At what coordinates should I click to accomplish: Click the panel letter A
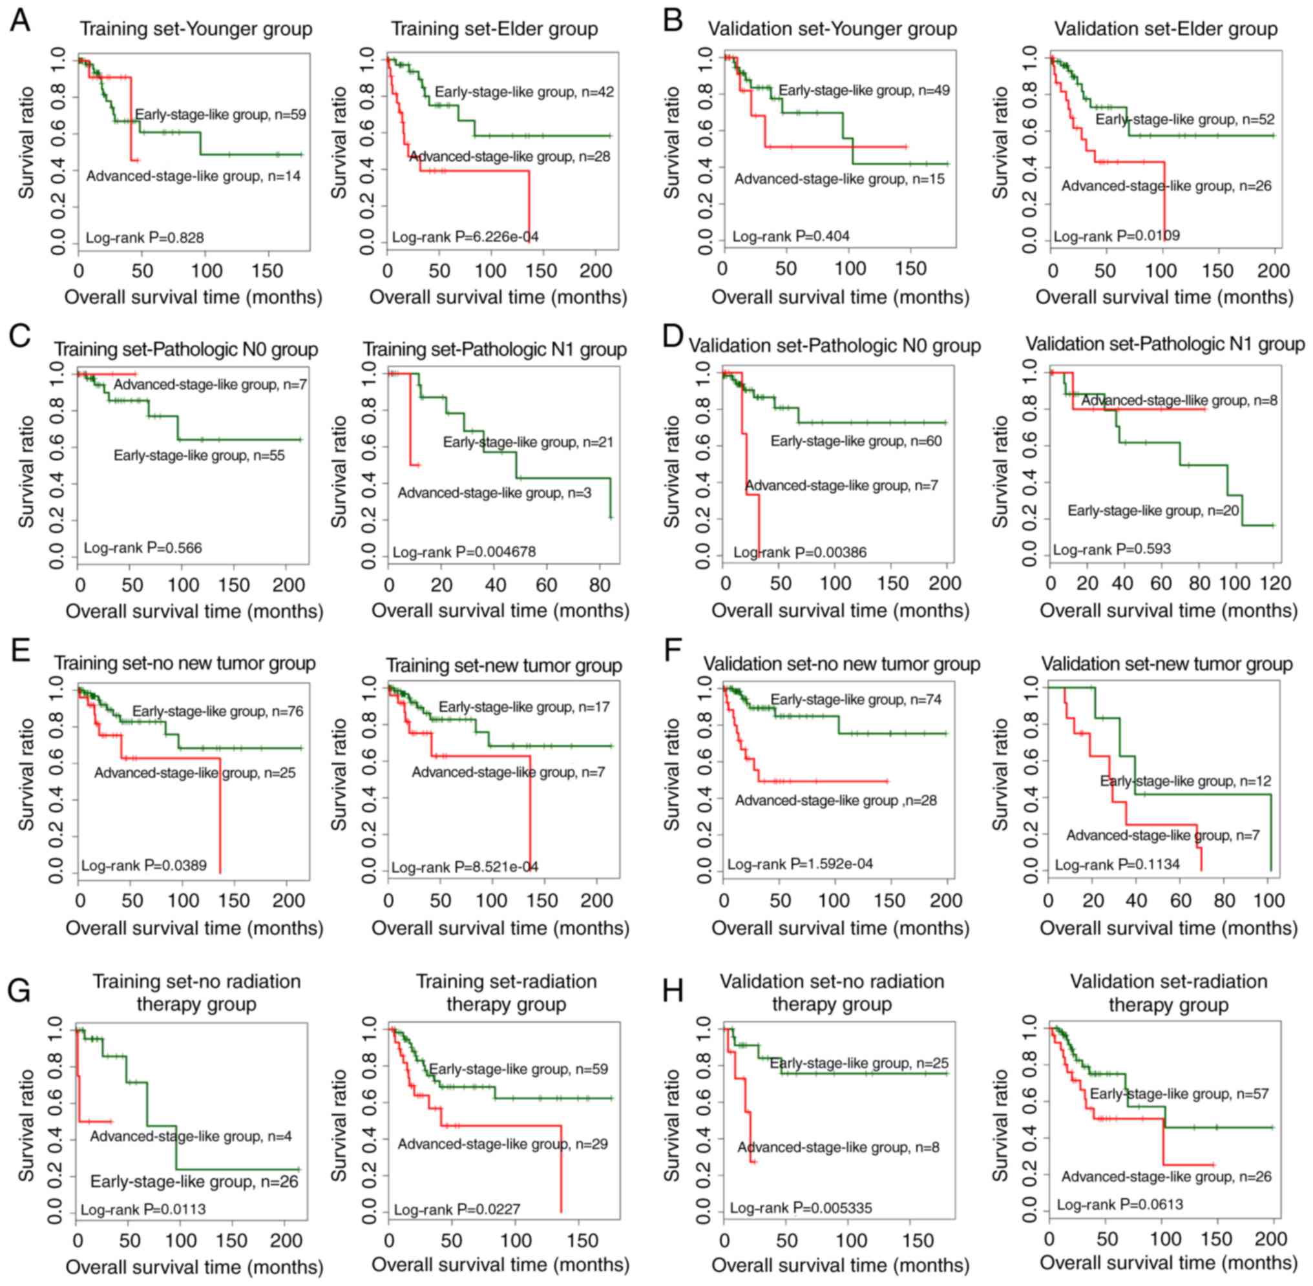point(20,19)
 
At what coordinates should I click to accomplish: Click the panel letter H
point(673,991)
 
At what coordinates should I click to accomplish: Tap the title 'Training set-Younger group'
point(196,29)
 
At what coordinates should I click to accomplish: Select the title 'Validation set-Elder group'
point(1166,29)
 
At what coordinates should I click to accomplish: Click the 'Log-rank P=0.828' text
point(145,238)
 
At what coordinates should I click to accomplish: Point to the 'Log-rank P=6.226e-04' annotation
point(466,237)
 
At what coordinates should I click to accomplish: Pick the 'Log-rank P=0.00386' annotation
point(800,552)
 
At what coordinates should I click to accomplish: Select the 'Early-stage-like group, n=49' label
point(864,90)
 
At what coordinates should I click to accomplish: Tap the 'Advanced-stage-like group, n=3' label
point(494,493)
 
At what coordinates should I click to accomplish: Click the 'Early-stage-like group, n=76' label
point(218,711)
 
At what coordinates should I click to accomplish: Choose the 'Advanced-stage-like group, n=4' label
point(191,1136)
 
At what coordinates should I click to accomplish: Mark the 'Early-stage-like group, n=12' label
point(1185,782)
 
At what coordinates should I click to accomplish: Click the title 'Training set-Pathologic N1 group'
point(495,349)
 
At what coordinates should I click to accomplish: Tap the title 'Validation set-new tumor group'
point(1166,664)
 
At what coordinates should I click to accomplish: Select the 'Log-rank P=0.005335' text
point(801,1208)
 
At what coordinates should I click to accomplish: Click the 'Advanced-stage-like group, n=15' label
point(839,179)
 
